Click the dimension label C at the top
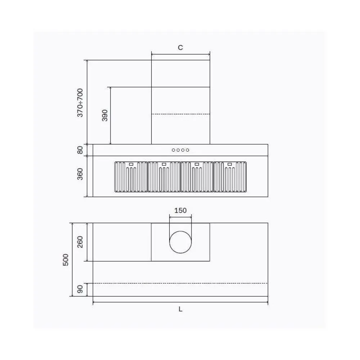pos(180,48)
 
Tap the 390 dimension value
pos(105,115)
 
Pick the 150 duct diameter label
pos(180,211)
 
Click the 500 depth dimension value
pos(66,260)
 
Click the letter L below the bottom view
pos(180,309)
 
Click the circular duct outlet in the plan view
pos(180,242)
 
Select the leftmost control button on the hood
pos(174,150)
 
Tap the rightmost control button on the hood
pos(188,150)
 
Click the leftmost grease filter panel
pos(131,177)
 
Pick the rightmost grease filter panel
pos(230,177)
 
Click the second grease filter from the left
pos(164,177)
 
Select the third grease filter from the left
pos(197,177)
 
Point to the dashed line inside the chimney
pos(180,114)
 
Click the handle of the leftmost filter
pos(131,164)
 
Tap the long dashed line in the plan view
pos(180,283)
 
